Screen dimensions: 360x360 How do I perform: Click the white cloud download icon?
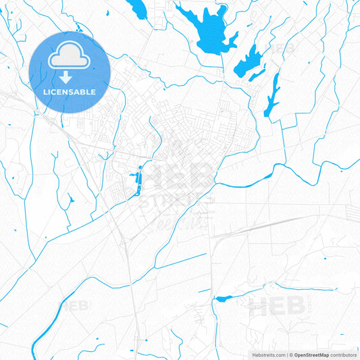[69, 56]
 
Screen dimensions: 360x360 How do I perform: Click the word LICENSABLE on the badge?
[69, 91]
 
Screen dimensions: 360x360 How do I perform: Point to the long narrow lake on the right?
[273, 95]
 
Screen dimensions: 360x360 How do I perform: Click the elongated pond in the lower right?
[224, 298]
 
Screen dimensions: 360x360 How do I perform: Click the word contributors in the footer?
[344, 355]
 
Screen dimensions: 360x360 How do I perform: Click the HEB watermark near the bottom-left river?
[75, 306]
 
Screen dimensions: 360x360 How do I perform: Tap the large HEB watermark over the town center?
[180, 177]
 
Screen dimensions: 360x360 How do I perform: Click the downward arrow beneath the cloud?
[69, 68]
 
